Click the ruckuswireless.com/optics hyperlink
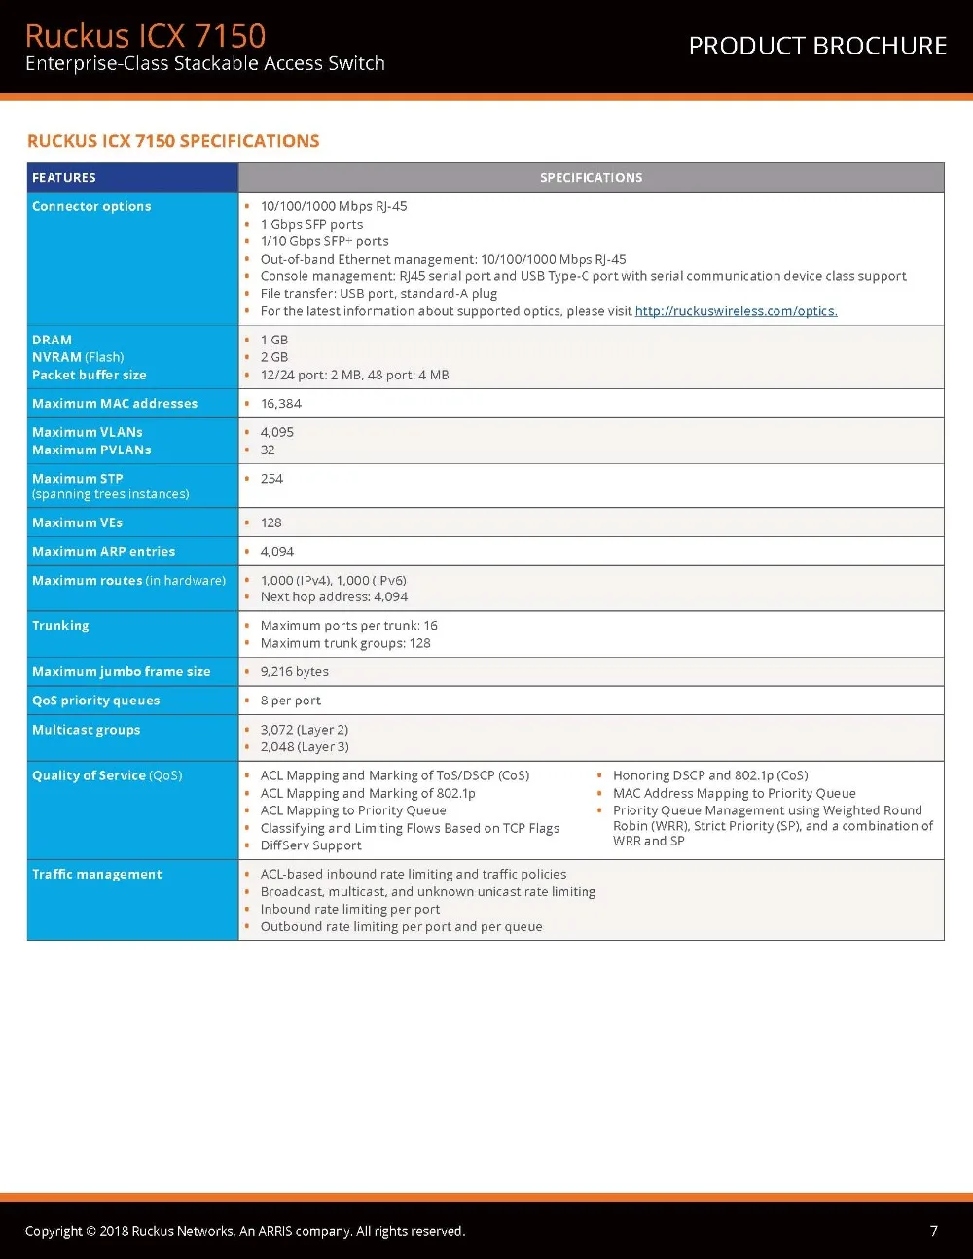coord(736,311)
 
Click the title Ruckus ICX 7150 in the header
coord(145,35)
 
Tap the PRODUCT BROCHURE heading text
coord(817,46)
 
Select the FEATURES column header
coord(64,177)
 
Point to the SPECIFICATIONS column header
coord(591,177)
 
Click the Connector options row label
coord(91,206)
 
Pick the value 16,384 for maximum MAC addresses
coord(281,403)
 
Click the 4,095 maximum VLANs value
coord(277,432)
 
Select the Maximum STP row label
coord(78,478)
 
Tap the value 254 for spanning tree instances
coord(271,478)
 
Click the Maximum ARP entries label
coord(103,551)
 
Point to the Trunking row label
coord(60,625)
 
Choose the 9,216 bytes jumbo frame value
coord(295,671)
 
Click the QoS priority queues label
coord(95,701)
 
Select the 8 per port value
coord(291,701)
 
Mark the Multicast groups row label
coord(86,730)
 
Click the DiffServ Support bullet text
coord(311,845)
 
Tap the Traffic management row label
coord(97,874)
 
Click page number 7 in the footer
coord(934,1231)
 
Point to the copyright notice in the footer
coord(245,1231)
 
